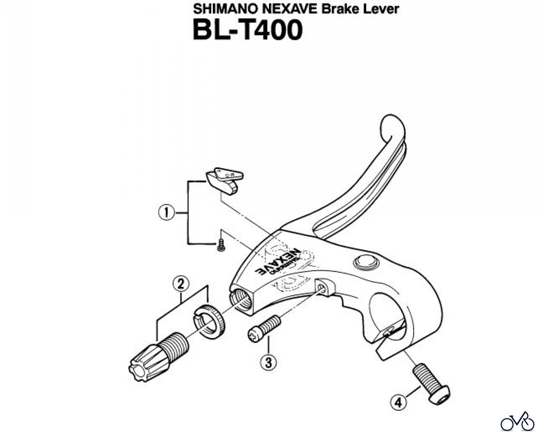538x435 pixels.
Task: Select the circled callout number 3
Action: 268,363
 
